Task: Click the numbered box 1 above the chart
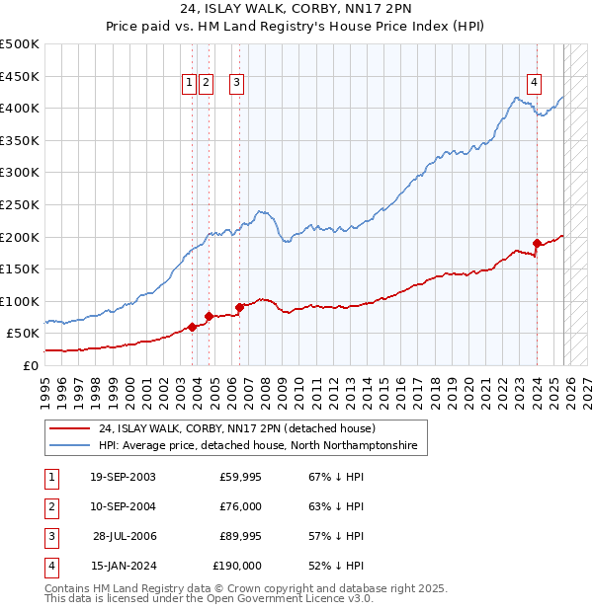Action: coord(189,84)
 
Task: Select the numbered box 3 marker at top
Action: coord(238,84)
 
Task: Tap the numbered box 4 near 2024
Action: coord(534,84)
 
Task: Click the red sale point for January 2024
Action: coord(537,243)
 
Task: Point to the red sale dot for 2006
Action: coord(240,307)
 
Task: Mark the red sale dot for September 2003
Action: coord(192,327)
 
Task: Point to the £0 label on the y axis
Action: coord(31,365)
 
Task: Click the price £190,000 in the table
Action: coord(237,566)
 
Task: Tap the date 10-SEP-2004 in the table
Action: coord(122,506)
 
